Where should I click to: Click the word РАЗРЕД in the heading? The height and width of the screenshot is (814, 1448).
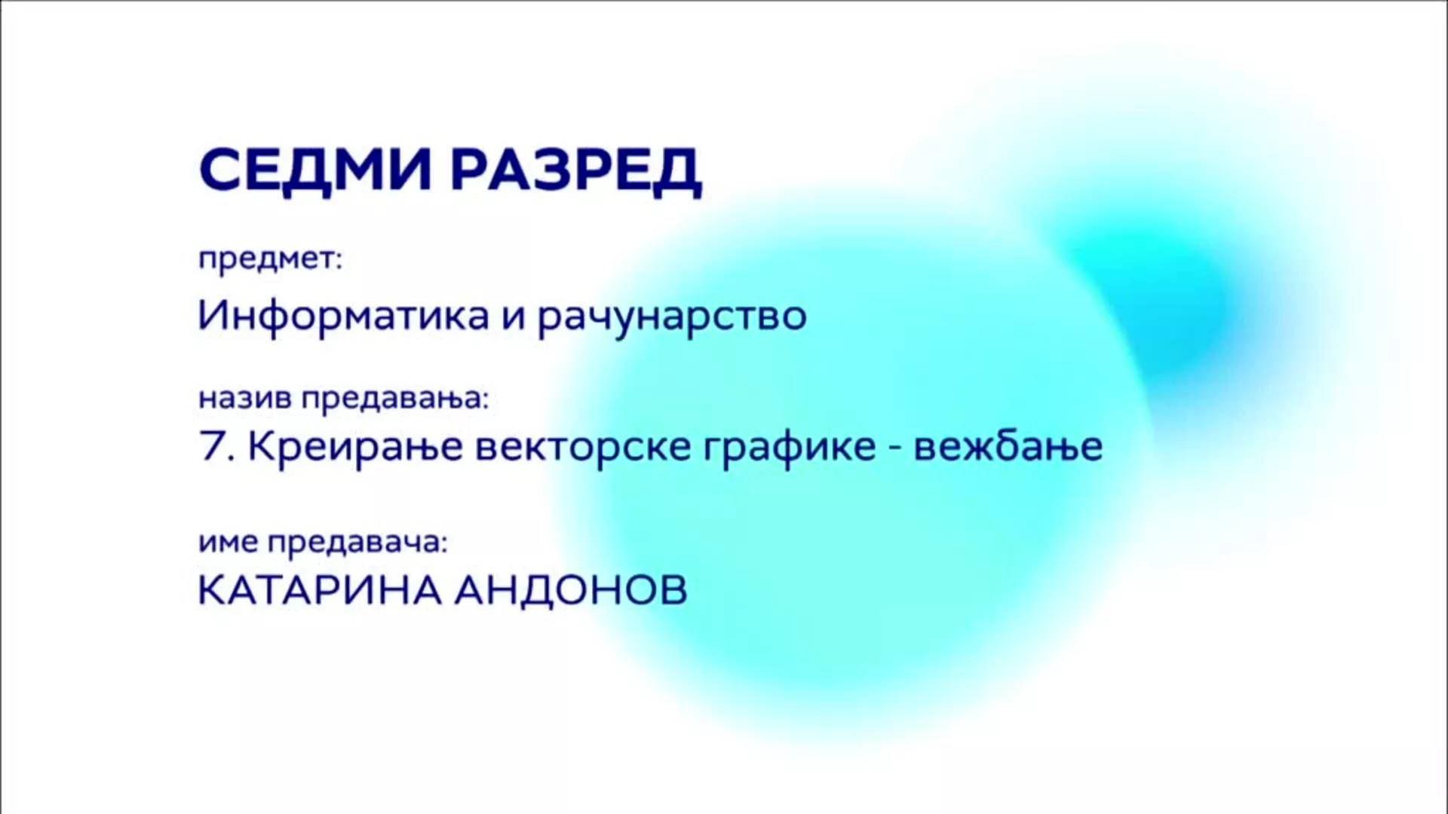[576, 172]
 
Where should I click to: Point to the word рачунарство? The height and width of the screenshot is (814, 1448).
[672, 317]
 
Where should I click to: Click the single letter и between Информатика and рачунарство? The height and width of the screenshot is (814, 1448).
[514, 317]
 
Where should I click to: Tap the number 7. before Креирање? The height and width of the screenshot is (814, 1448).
[218, 446]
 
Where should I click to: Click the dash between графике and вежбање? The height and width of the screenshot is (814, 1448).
[895, 449]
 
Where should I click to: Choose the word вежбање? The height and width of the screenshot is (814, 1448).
[1008, 447]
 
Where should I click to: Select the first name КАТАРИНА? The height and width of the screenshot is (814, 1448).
[319, 590]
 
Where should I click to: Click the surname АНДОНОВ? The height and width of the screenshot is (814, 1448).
[570, 590]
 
